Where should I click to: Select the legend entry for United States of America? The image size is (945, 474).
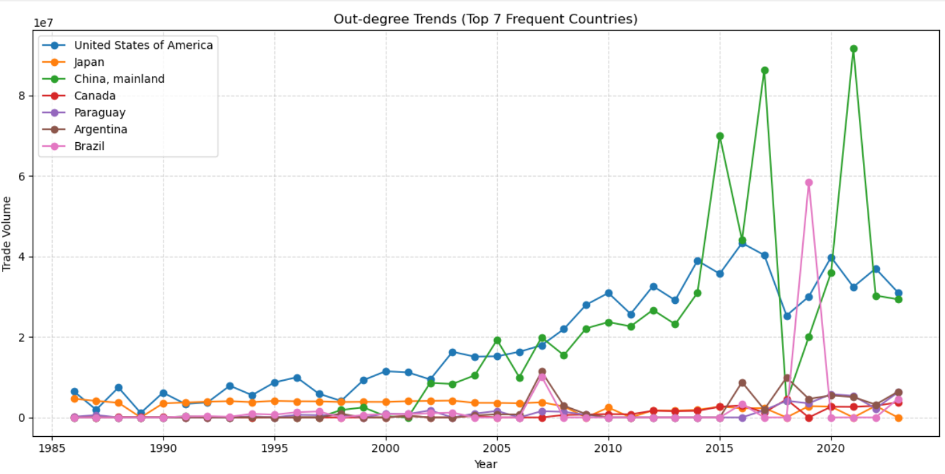coord(143,45)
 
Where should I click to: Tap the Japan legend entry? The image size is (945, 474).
coord(89,62)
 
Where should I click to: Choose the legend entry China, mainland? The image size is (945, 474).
coord(119,79)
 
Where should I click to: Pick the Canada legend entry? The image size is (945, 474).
coord(94,96)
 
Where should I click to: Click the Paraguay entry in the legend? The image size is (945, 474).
coord(99,113)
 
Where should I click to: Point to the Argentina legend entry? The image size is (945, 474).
coord(100,130)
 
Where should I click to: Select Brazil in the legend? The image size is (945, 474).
coord(89,147)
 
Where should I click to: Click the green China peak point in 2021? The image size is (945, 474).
coord(854,49)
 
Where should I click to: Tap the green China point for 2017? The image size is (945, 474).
coord(764,70)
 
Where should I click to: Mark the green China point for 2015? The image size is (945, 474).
coord(720,136)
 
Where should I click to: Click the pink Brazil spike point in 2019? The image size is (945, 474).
coord(809,183)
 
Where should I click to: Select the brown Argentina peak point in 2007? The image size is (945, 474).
coord(542,372)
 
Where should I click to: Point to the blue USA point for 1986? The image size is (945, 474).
coord(74,392)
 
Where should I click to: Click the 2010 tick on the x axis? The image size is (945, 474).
coord(608,449)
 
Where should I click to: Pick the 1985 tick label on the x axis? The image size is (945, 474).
coord(52,449)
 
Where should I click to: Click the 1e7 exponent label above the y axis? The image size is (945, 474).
coord(43,23)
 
